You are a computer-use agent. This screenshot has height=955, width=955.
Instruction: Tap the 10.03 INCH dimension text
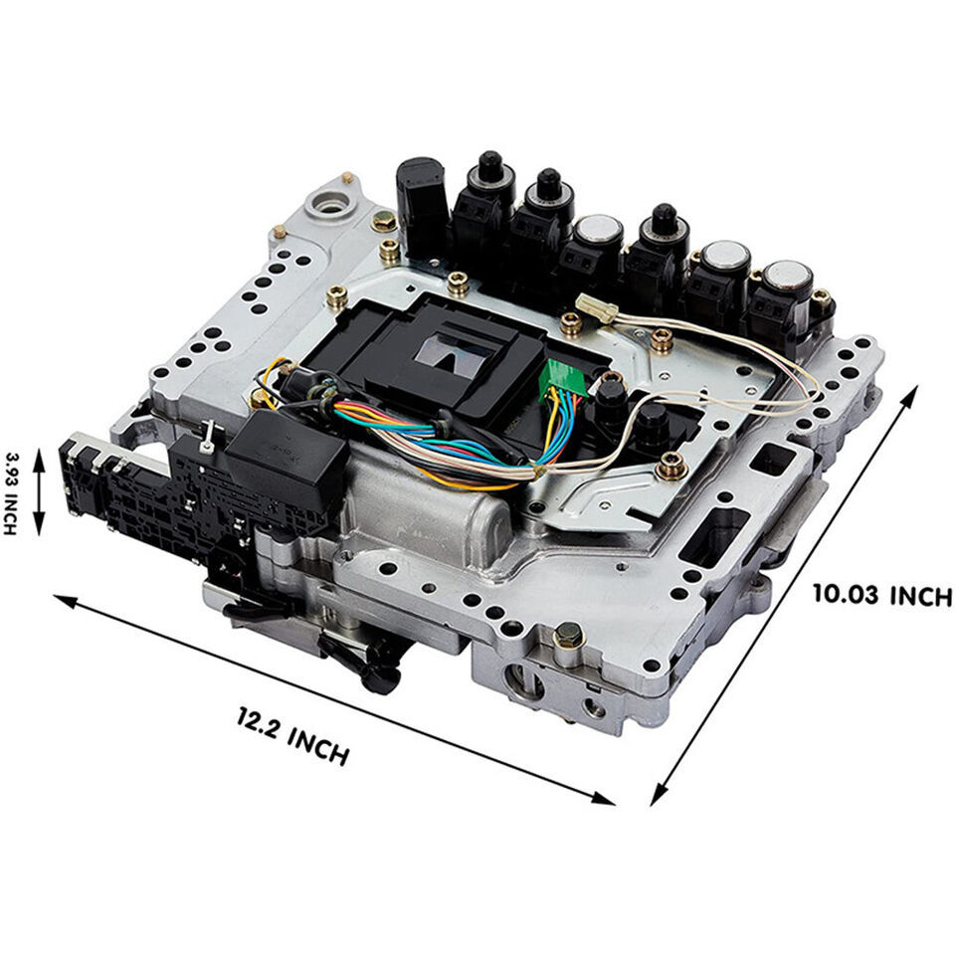pyautogui.click(x=881, y=595)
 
